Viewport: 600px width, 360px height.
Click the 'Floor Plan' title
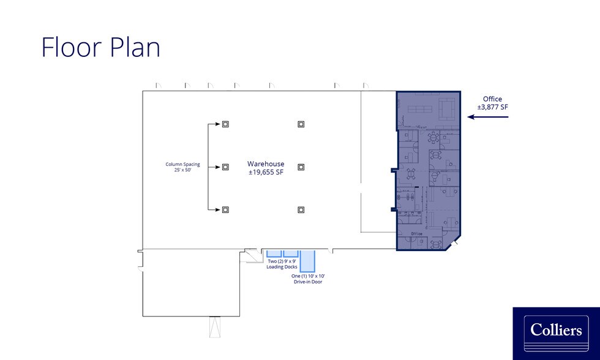[100, 47]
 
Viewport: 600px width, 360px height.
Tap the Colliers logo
[556, 333]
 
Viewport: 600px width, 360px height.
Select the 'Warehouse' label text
[266, 163]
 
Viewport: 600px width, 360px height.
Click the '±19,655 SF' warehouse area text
[266, 172]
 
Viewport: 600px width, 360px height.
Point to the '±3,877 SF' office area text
[492, 107]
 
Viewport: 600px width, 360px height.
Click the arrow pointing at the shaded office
[488, 117]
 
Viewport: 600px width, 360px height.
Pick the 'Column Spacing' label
[182, 164]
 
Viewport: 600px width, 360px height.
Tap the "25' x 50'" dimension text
[182, 170]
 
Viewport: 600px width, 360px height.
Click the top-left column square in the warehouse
[225, 124]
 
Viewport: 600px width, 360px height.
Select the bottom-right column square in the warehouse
[301, 209]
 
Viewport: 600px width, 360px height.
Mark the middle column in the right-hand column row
[301, 167]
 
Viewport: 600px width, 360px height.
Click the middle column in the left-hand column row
[225, 167]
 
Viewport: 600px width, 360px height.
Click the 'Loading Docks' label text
[282, 267]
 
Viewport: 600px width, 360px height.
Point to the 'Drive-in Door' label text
[308, 282]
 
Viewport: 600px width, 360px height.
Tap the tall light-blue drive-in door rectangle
[307, 261]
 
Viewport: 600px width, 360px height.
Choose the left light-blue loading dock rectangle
[274, 253]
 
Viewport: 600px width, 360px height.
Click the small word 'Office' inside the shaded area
[417, 233]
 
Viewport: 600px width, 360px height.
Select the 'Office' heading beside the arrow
[492, 99]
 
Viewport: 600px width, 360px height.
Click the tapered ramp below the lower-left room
[215, 327]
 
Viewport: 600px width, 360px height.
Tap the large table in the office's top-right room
[447, 108]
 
